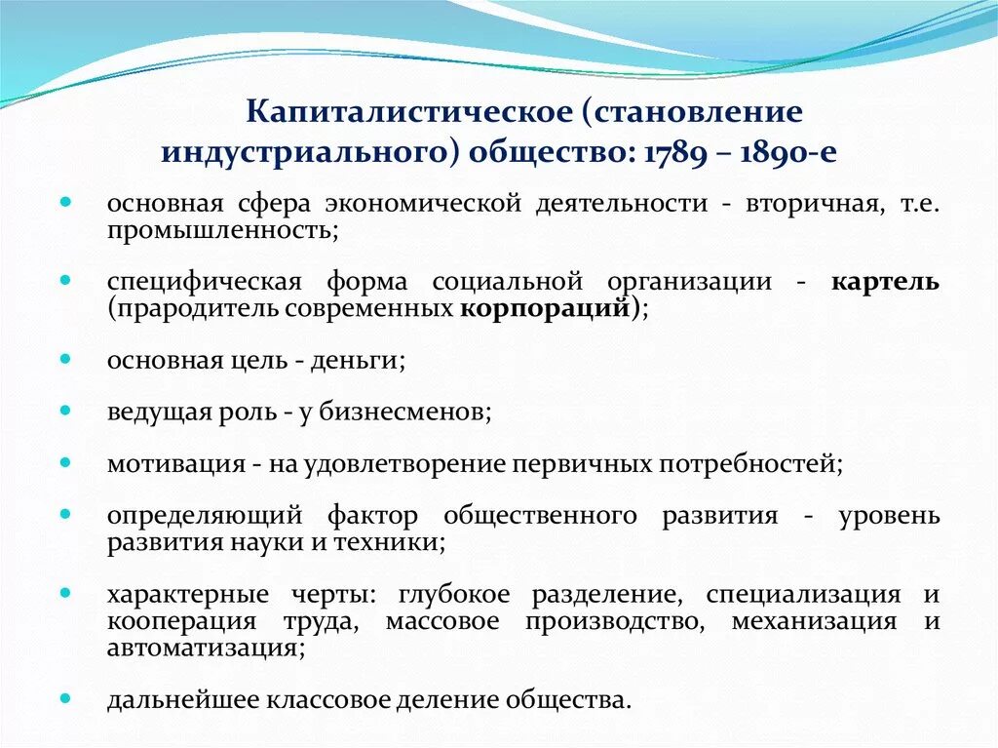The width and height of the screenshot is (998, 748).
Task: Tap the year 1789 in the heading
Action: (x=669, y=154)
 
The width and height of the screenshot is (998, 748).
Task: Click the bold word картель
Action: (x=885, y=283)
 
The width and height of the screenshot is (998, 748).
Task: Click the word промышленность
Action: (x=222, y=231)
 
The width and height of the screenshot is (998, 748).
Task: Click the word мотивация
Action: (x=175, y=464)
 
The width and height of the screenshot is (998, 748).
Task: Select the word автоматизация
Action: (x=202, y=648)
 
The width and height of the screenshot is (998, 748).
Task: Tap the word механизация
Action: (x=813, y=621)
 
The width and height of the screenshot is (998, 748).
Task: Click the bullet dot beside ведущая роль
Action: (x=65, y=411)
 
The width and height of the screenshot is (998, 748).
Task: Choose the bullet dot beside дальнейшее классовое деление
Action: (x=65, y=698)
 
